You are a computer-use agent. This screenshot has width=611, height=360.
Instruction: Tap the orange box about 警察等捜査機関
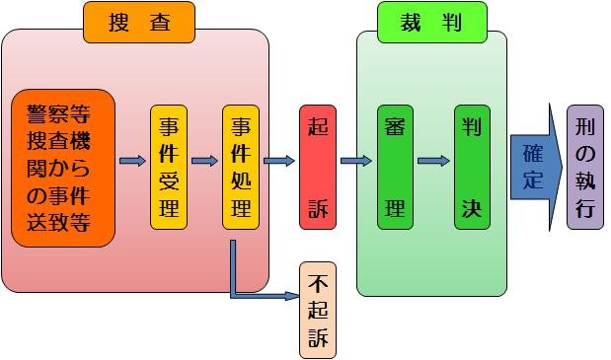click(x=63, y=167)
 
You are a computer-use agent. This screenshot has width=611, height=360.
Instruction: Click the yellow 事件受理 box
click(x=168, y=166)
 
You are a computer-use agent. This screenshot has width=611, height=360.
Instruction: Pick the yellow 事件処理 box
click(x=240, y=166)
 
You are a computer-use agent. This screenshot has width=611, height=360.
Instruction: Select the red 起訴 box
click(x=318, y=166)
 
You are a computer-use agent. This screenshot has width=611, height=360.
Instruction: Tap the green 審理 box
click(x=394, y=166)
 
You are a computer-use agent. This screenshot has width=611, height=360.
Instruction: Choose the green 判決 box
click(x=472, y=166)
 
